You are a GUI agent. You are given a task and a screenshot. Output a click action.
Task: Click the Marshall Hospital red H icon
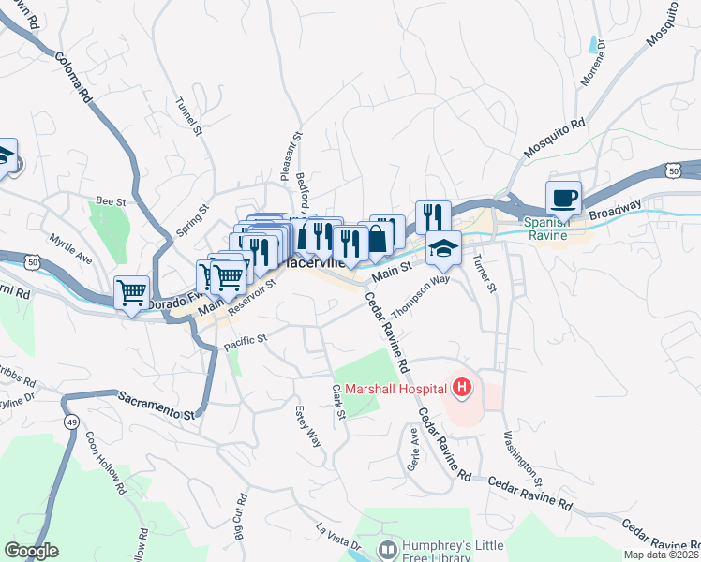[x=461, y=385]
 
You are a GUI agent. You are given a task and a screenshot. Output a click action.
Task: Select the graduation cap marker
[x=443, y=248]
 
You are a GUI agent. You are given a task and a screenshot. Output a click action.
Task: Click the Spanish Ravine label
[x=545, y=229]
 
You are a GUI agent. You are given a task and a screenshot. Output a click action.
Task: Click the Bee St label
[x=111, y=200]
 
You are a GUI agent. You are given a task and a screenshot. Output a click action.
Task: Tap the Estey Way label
[x=307, y=424]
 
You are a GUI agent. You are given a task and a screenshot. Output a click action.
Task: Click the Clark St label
[x=339, y=401]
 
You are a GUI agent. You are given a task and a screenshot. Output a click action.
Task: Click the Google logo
[x=31, y=551]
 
